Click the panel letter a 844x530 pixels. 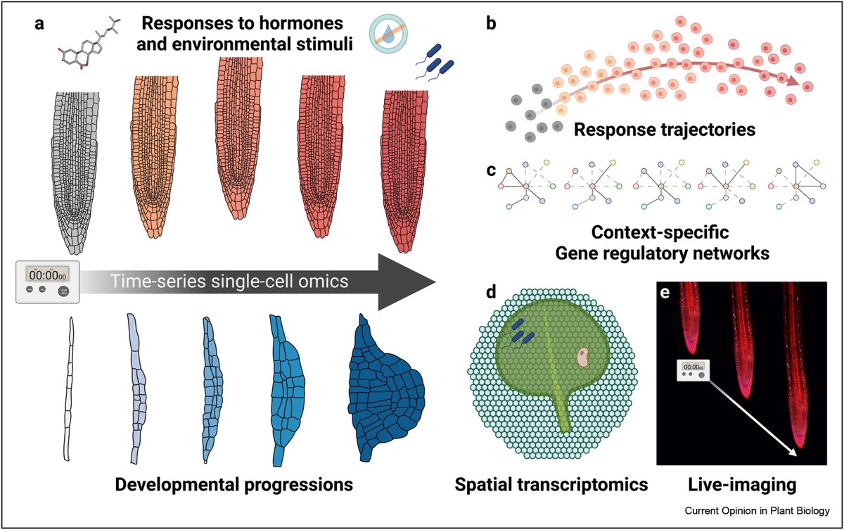[x=39, y=24]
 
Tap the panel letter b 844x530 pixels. [x=491, y=23]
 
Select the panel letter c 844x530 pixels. [x=491, y=170]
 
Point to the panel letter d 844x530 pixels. [x=491, y=292]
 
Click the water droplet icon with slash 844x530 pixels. [x=388, y=34]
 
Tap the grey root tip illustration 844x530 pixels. [x=75, y=172]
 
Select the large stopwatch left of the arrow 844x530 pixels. [x=48, y=282]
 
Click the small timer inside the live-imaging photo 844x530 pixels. [x=693, y=370]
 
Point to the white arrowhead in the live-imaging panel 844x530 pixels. [x=793, y=452]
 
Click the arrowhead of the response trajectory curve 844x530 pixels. [x=793, y=80]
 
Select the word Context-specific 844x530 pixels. [x=660, y=232]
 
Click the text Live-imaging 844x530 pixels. [x=742, y=485]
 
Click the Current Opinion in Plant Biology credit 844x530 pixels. [x=757, y=511]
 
